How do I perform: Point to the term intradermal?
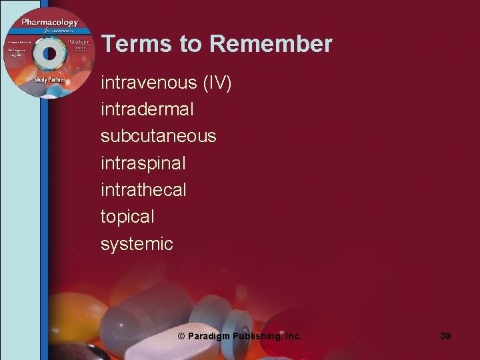pyautogui.click(x=147, y=109)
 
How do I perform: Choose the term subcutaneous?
pyautogui.click(x=158, y=136)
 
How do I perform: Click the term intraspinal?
pyautogui.click(x=143, y=163)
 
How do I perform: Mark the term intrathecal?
pyautogui.click(x=143, y=190)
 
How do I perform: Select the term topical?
pyautogui.click(x=127, y=217)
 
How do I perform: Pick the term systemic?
pyautogui.click(x=137, y=244)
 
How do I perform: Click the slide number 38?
pyautogui.click(x=445, y=337)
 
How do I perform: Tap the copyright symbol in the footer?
pyautogui.click(x=181, y=337)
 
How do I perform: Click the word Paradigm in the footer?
pyautogui.click(x=209, y=337)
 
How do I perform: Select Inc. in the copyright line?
pyautogui.click(x=292, y=337)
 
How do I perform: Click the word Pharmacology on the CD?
pyautogui.click(x=49, y=23)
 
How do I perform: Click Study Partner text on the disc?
pyautogui.click(x=50, y=80)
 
